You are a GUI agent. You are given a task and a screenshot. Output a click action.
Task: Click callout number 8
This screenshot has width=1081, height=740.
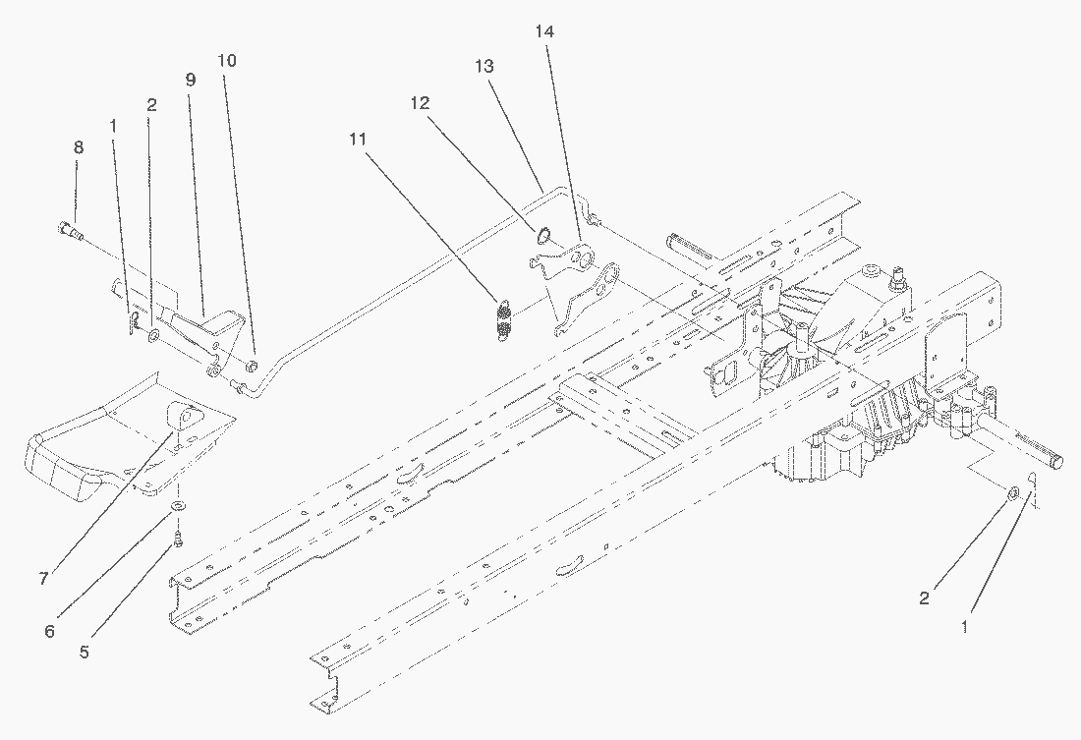pos(79,147)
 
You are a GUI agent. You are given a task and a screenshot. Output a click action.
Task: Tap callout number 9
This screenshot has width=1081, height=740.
pos(191,81)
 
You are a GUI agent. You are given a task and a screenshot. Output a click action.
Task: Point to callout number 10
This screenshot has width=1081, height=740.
pos(227,60)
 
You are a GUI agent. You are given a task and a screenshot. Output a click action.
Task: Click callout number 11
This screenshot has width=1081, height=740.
pos(357,140)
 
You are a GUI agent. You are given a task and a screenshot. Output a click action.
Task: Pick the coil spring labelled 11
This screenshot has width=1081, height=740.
pos(504,320)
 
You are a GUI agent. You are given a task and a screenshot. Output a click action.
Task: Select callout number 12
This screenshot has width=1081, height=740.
pos(420,102)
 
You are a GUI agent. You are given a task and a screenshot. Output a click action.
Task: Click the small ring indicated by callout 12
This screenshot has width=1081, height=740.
pos(540,235)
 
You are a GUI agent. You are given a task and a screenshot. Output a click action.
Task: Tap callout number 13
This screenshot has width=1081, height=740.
pos(483,66)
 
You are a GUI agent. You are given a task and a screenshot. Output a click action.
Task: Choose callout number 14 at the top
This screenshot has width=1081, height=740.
pos(544,32)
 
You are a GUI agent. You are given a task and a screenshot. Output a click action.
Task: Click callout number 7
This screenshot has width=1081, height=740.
pos(43,579)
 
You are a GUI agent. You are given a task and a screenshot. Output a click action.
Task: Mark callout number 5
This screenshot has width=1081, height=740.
pos(85,652)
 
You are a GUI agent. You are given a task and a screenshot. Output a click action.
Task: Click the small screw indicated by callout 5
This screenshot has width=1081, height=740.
pos(179,538)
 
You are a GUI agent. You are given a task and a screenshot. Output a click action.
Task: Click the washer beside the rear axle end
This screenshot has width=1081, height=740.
pos(1013,489)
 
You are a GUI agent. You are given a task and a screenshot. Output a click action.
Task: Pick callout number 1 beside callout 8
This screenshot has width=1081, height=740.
pos(114,127)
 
